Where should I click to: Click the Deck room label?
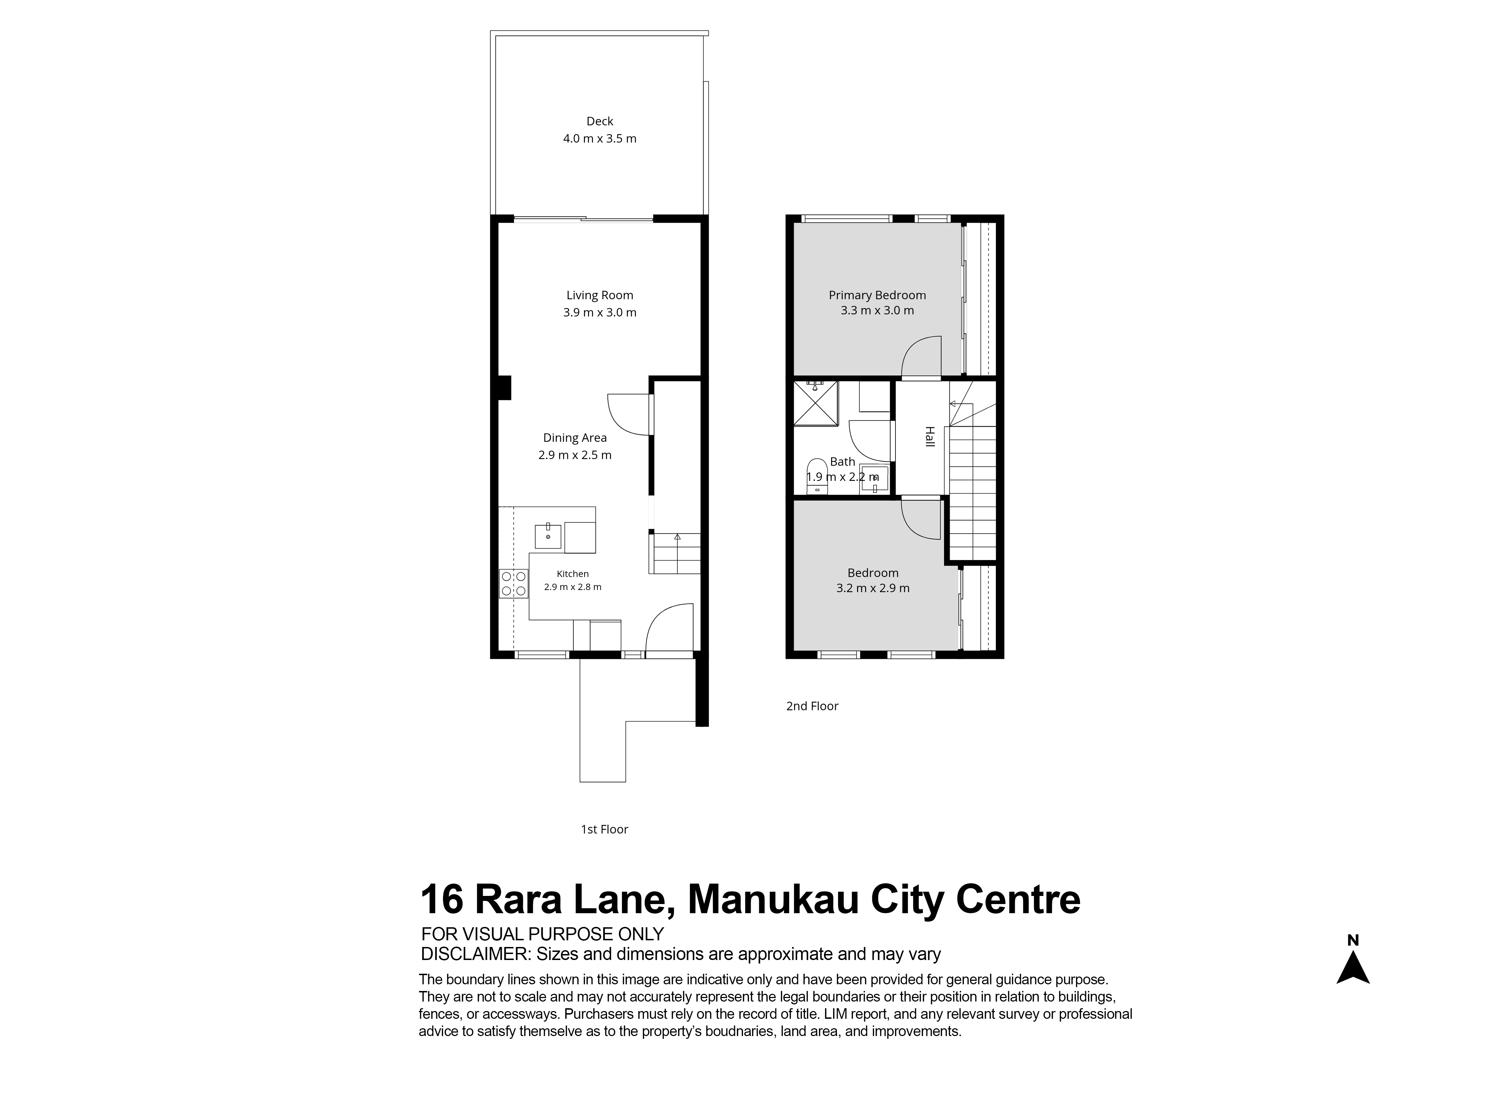click(600, 121)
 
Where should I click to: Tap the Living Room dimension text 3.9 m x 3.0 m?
click(600, 312)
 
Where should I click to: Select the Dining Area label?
click(575, 437)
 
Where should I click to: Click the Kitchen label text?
click(572, 573)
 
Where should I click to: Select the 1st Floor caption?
click(604, 829)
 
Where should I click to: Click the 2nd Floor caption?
click(812, 706)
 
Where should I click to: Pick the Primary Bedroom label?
click(877, 295)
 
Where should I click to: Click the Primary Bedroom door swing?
click(921, 357)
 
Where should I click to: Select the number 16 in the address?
click(442, 900)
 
